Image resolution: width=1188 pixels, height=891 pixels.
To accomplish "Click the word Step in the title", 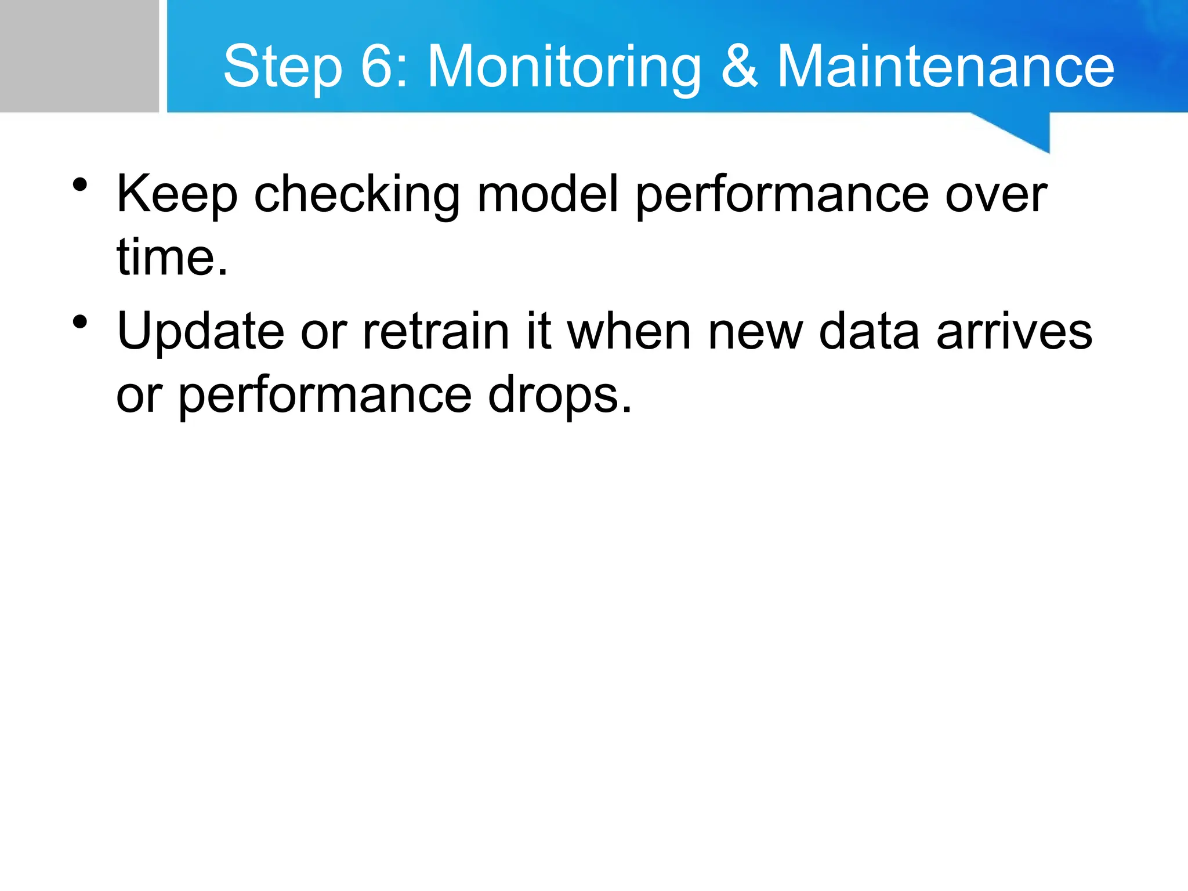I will (282, 68).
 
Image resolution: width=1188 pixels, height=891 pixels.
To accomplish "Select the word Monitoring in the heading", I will (564, 68).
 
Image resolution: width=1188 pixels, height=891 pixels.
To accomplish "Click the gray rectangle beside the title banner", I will (79, 56).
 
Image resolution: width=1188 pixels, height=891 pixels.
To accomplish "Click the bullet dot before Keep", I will (80, 185).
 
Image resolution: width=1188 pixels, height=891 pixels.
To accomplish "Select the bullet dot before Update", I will (80, 322).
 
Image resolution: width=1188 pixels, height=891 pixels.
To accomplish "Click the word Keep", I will (177, 195).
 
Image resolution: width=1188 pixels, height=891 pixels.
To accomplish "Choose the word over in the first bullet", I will (995, 195).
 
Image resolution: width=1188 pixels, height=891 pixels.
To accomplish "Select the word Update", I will (200, 332).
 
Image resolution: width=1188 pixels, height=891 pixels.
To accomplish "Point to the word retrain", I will (435, 332).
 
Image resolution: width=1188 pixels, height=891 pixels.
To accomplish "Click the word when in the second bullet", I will (629, 332).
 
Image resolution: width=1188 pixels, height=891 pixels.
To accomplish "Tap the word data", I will (869, 332).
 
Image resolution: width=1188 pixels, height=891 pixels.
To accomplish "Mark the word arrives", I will (1014, 332).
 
